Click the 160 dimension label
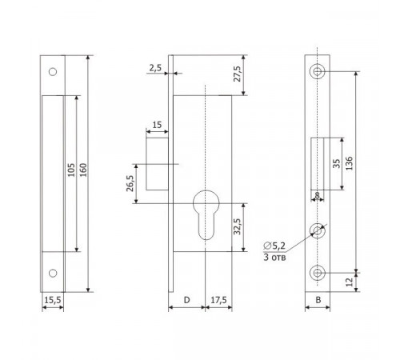point(83,170)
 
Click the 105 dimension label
point(71,170)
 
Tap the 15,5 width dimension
point(53,300)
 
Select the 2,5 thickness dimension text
point(155,68)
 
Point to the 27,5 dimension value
point(237,74)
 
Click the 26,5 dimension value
point(130,183)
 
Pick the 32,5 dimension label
point(237,226)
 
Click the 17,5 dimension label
point(218,300)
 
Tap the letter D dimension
point(186,300)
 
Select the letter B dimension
point(318,300)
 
